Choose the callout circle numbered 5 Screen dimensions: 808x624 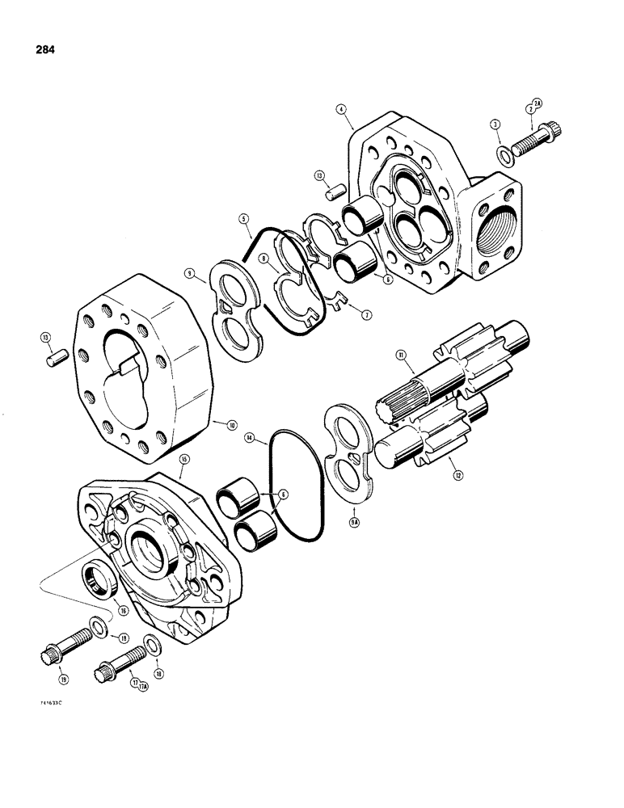[242, 218]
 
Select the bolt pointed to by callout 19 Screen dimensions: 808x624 [65, 650]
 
